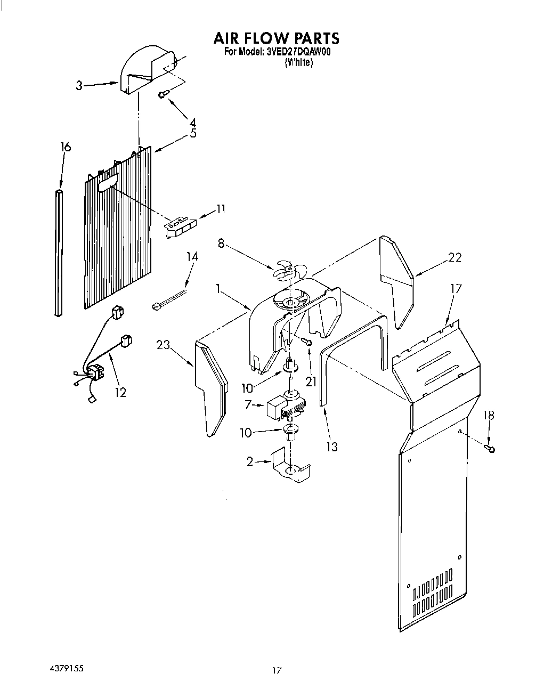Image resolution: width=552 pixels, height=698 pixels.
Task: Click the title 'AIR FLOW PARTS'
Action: click(276, 38)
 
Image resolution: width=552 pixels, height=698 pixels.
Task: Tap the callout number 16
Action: click(66, 147)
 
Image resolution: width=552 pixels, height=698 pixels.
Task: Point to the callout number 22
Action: click(454, 257)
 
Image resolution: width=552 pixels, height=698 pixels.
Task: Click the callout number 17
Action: click(456, 289)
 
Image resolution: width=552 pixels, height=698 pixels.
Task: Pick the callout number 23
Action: click(163, 345)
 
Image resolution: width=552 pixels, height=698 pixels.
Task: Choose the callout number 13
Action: click(331, 447)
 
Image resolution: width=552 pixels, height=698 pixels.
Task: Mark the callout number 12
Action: click(120, 392)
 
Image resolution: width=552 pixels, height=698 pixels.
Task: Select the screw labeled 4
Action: click(163, 95)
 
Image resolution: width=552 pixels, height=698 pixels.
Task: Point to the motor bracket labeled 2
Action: click(290, 465)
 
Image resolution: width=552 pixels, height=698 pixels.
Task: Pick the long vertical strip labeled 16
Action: click(58, 250)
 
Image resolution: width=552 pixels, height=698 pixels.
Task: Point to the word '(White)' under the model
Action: click(298, 62)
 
